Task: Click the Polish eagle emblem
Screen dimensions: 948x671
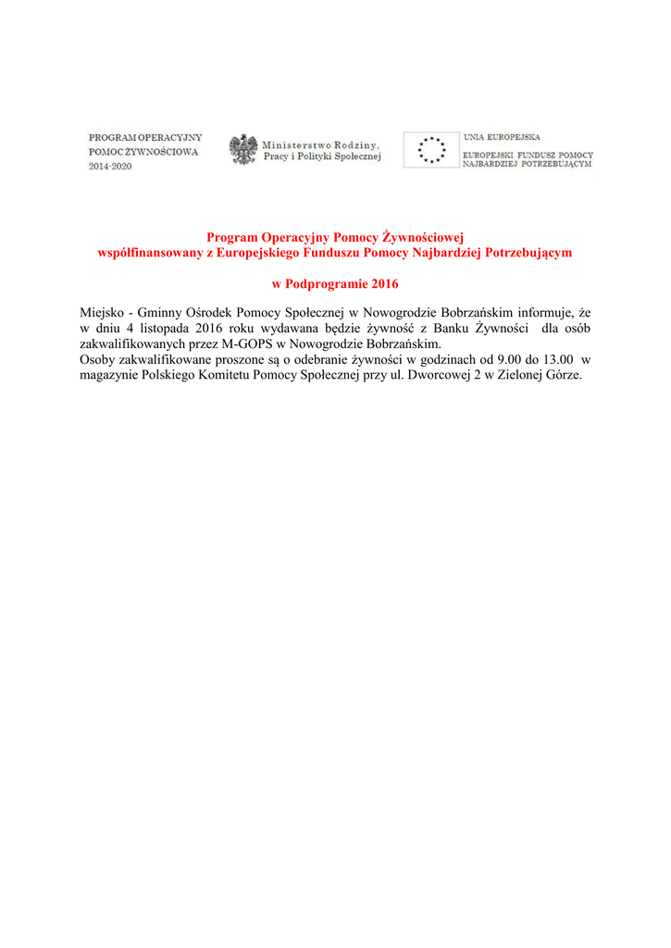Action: coord(243,149)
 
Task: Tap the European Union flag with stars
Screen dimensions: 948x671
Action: coord(431,149)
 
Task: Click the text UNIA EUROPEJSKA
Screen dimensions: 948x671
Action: coord(502,136)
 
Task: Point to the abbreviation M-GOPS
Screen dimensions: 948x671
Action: coord(243,343)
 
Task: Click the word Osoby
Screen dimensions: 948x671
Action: coord(98,358)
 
